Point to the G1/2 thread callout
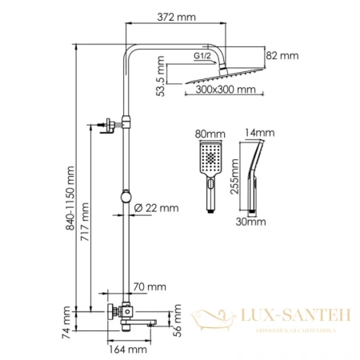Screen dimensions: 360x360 click(x=202, y=55)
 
